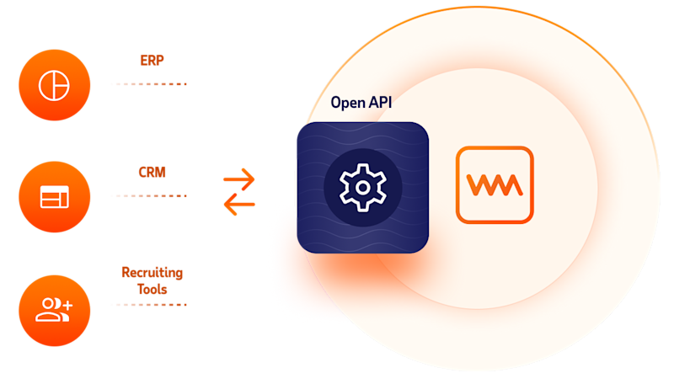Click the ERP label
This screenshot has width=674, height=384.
click(152, 61)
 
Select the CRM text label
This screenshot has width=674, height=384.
click(152, 173)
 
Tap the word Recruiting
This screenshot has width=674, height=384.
click(152, 273)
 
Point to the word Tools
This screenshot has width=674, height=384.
click(152, 289)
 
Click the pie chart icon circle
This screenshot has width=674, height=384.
click(54, 84)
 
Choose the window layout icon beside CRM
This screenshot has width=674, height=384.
click(54, 197)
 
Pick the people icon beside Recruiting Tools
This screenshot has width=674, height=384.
click(54, 310)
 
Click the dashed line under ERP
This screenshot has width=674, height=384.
click(148, 84)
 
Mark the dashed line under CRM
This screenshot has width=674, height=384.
click(148, 195)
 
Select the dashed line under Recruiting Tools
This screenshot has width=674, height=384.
click(148, 305)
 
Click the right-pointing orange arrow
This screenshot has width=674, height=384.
click(238, 179)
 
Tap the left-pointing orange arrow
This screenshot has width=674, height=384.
click(238, 204)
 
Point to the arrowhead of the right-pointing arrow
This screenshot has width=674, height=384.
click(250, 179)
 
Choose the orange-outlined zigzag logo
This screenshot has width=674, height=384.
click(495, 184)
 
